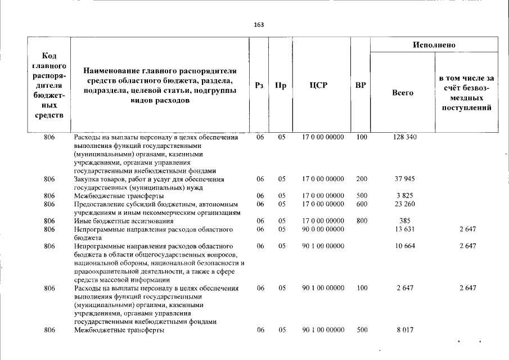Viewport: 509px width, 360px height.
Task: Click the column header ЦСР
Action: point(322,86)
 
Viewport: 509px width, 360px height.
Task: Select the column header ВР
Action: point(361,86)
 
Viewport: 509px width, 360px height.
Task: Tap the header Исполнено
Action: point(434,44)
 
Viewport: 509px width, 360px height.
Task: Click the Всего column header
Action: point(402,93)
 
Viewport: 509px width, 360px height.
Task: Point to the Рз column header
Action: point(259,86)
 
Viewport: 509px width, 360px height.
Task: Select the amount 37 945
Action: point(405,179)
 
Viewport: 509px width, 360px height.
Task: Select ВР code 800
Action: point(362,221)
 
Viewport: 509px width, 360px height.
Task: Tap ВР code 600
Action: point(362,204)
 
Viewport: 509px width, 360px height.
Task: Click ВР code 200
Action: point(362,179)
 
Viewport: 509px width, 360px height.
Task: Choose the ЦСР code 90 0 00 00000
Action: point(323,229)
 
